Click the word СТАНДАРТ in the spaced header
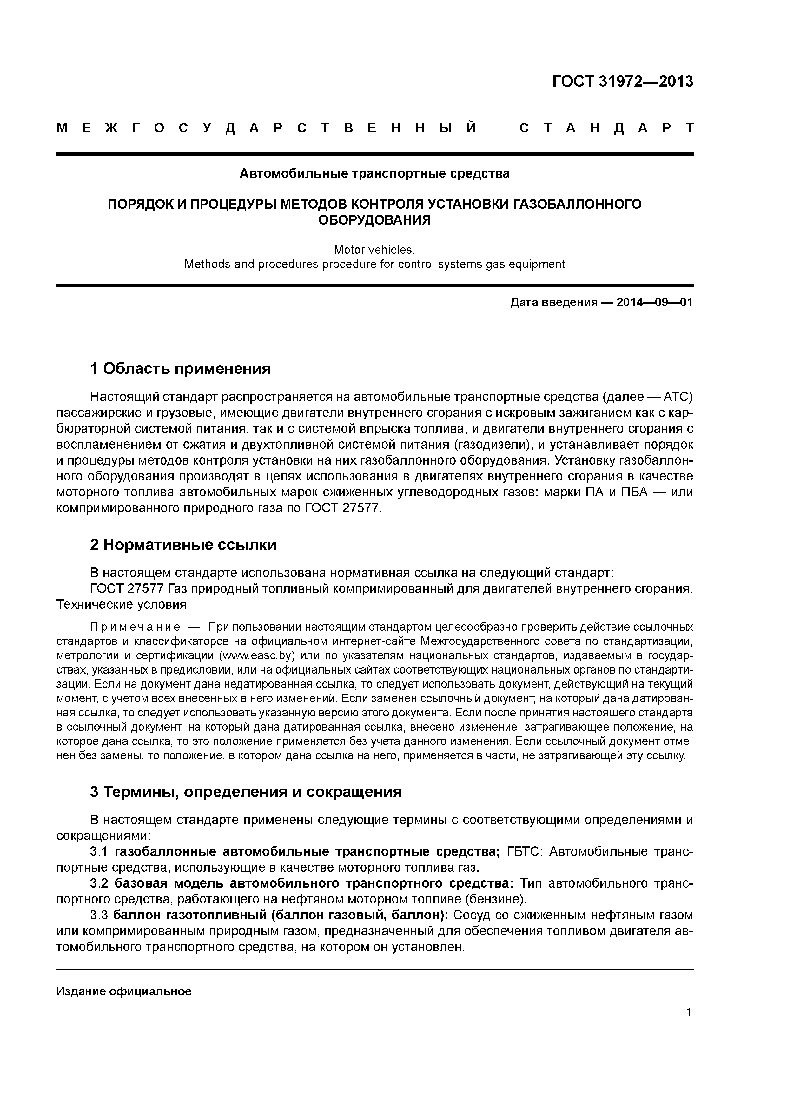tap(606, 129)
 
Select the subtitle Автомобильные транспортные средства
tap(374, 174)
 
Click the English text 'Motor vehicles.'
tap(374, 250)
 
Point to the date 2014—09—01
tap(655, 303)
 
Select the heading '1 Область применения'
tap(180, 369)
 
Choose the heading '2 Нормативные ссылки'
tap(183, 545)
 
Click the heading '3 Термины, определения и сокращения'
tap(246, 792)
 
